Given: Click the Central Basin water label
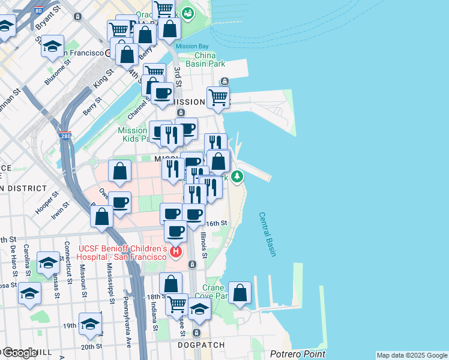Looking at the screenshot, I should click(x=268, y=235).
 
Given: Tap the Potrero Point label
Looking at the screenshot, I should click(x=298, y=354).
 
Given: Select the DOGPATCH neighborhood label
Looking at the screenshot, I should click(x=201, y=345).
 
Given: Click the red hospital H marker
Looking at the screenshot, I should click(x=176, y=251).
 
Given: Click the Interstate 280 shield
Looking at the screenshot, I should click(x=65, y=136).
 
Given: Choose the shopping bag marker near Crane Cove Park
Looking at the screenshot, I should click(x=240, y=293).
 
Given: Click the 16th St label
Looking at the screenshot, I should click(x=216, y=223).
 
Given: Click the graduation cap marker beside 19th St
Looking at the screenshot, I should click(x=90, y=324).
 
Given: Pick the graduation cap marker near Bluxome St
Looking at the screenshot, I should click(x=53, y=46).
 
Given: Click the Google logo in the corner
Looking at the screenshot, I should click(x=19, y=353).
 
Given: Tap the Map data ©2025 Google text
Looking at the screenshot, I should click(x=412, y=355).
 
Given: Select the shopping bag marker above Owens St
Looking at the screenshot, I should click(x=120, y=171).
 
